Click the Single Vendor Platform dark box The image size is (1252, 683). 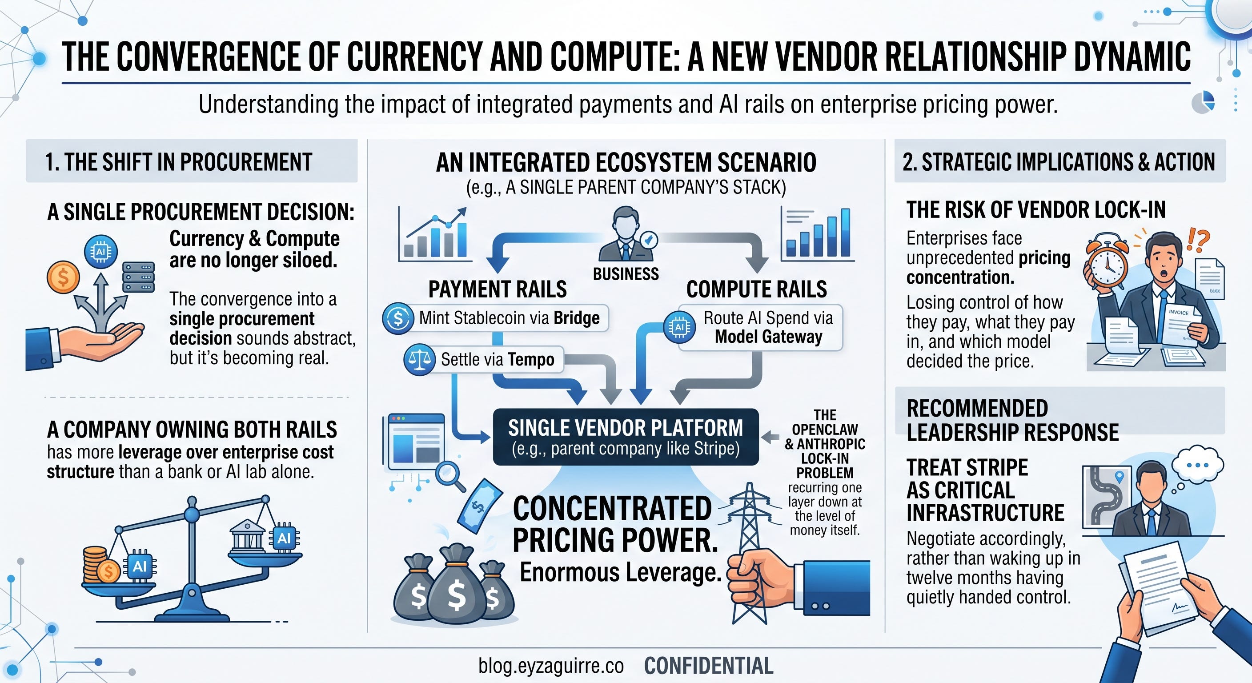[x=626, y=437]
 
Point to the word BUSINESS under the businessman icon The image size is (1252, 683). [x=626, y=274]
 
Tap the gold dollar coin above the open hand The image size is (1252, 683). [x=63, y=277]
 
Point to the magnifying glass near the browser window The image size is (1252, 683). [x=450, y=476]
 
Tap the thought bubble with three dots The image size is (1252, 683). [x=1198, y=466]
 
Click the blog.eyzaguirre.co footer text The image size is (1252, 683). [x=551, y=666]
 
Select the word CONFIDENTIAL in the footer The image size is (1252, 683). [x=709, y=666]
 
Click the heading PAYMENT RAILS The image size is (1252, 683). [x=497, y=289]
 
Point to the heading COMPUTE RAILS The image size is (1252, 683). [x=757, y=289]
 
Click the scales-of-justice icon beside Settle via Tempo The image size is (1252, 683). [x=419, y=360]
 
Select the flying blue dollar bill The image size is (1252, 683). [x=479, y=507]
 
